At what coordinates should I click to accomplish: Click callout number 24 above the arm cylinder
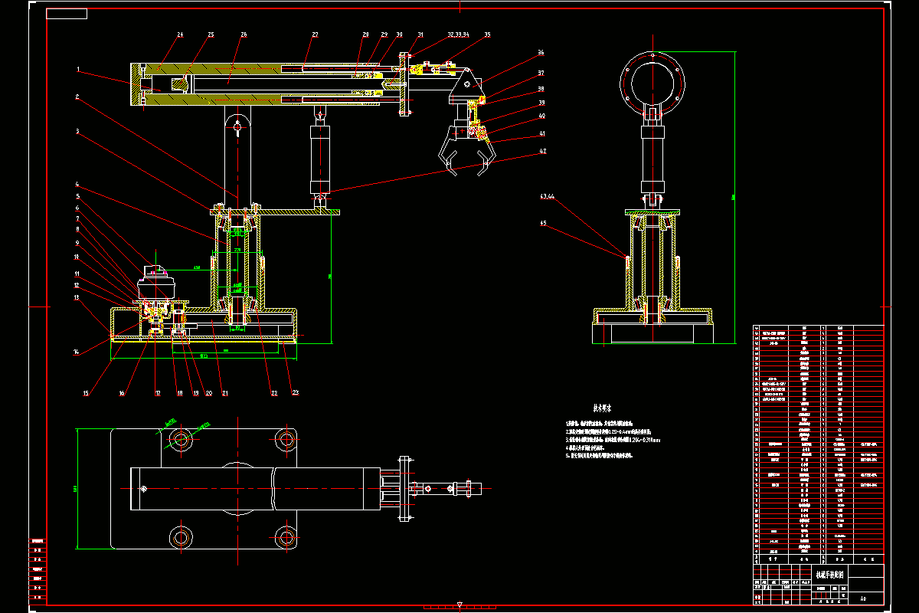click(180, 35)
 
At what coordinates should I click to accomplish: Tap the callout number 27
click(315, 35)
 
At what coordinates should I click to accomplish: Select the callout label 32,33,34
click(458, 35)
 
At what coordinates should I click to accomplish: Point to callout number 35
click(488, 35)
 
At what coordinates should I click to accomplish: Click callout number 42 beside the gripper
click(542, 152)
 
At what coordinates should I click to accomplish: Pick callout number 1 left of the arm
click(78, 70)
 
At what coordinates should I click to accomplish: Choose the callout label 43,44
click(547, 197)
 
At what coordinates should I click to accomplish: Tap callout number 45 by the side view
click(543, 224)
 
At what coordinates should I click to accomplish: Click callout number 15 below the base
click(86, 394)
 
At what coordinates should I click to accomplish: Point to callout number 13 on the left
click(77, 297)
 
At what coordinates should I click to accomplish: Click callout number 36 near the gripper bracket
click(541, 54)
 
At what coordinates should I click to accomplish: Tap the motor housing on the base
click(156, 287)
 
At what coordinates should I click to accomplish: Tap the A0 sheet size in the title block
click(864, 598)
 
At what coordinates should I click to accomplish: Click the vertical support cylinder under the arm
click(239, 153)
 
